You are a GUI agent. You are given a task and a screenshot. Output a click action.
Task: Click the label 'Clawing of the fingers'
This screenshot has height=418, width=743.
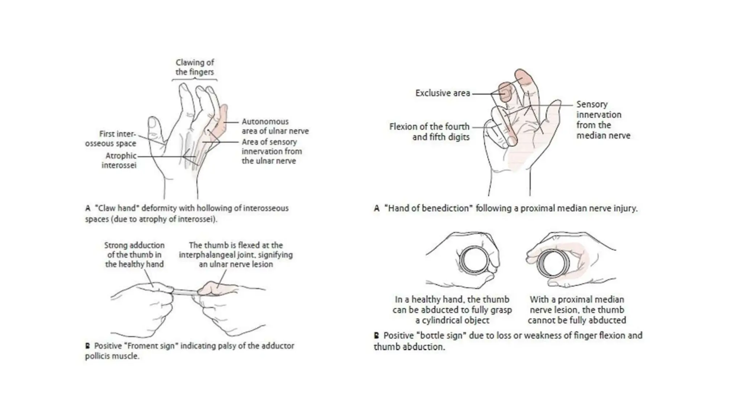(194, 67)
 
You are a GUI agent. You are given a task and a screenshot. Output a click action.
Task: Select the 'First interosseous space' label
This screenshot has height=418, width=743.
(111, 139)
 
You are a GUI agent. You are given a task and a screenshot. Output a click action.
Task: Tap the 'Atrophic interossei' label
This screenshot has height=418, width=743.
(120, 160)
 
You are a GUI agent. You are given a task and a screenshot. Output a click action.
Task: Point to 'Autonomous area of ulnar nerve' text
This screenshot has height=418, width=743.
(275, 126)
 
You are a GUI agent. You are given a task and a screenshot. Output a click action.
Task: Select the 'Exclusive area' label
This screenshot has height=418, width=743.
(442, 93)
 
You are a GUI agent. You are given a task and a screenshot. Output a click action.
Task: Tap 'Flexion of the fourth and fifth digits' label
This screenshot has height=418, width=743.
(430, 132)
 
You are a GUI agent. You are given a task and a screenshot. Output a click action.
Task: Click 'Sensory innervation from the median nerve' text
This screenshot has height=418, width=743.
(603, 120)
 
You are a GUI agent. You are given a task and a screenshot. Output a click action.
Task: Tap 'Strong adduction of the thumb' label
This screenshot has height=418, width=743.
(134, 255)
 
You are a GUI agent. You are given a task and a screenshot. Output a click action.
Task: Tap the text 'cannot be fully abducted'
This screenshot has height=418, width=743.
(576, 320)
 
